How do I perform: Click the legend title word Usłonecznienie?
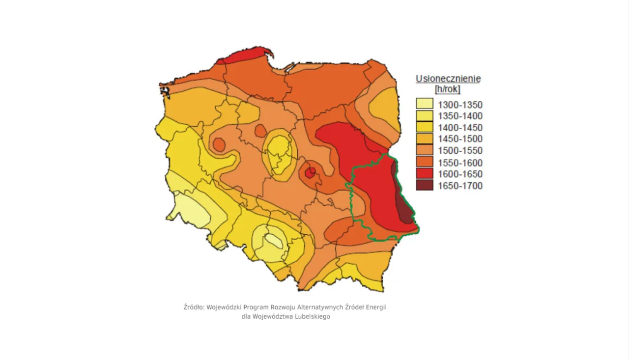(x=448, y=79)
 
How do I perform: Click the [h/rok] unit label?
(x=448, y=89)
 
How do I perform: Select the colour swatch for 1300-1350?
(x=425, y=104)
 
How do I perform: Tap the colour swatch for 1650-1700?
(x=425, y=186)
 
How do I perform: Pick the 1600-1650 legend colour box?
(x=425, y=174)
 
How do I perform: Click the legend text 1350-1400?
(x=460, y=116)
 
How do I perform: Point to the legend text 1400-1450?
(x=460, y=128)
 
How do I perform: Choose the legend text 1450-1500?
(x=460, y=139)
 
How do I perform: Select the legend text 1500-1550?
(x=460, y=151)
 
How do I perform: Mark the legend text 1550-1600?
(x=460, y=163)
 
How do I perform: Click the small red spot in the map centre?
(x=310, y=172)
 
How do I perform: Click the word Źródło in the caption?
(x=194, y=307)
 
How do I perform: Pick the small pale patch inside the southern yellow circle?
(x=272, y=240)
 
